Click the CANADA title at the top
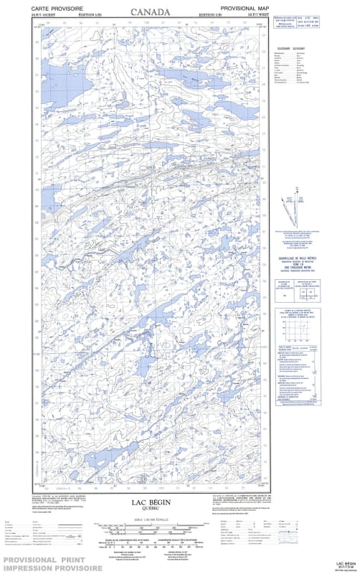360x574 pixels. [x=151, y=12]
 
